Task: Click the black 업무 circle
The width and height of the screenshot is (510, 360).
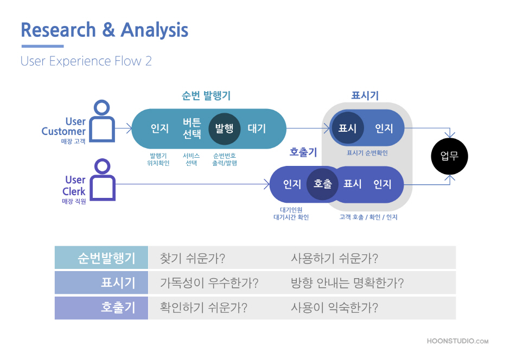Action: [449, 156]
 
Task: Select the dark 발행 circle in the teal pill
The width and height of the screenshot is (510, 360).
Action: [225, 128]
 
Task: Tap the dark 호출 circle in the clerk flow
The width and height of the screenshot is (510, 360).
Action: [323, 184]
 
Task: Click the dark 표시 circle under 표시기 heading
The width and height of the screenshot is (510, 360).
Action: [347, 128]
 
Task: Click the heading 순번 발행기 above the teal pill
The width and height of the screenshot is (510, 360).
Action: [206, 95]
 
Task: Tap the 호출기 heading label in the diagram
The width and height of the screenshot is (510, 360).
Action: [303, 152]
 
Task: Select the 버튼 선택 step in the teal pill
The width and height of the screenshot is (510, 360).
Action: [192, 128]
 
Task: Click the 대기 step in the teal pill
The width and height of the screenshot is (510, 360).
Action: [257, 128]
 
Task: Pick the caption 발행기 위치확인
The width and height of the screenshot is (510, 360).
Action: [158, 159]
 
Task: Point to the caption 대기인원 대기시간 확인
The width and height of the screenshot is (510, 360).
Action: [291, 214]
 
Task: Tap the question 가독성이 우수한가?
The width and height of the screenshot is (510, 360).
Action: [209, 283]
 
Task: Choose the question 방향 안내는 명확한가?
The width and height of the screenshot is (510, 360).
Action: [347, 283]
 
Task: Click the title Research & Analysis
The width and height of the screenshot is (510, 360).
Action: [104, 30]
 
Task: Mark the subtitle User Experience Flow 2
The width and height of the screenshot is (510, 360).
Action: [86, 61]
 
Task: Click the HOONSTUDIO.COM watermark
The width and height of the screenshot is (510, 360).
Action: [457, 341]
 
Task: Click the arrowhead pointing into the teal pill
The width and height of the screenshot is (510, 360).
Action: [129, 128]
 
